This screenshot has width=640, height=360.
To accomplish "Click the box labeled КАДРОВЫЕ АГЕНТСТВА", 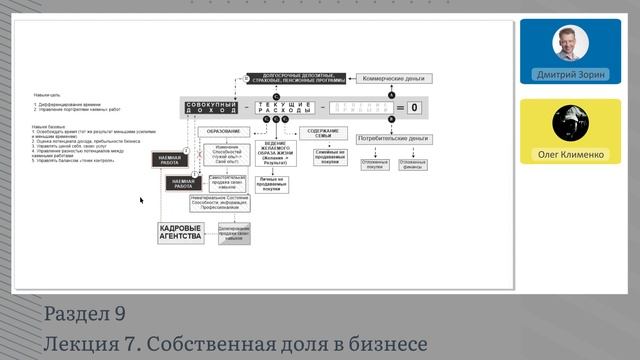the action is pos(180,233).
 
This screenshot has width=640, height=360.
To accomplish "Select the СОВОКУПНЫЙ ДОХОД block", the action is pos(210,106).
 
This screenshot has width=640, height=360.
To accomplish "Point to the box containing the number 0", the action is pos(413,106).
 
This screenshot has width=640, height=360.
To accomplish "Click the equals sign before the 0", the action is pos(399,106).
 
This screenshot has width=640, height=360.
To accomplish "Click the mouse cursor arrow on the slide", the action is pos(141,200).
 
